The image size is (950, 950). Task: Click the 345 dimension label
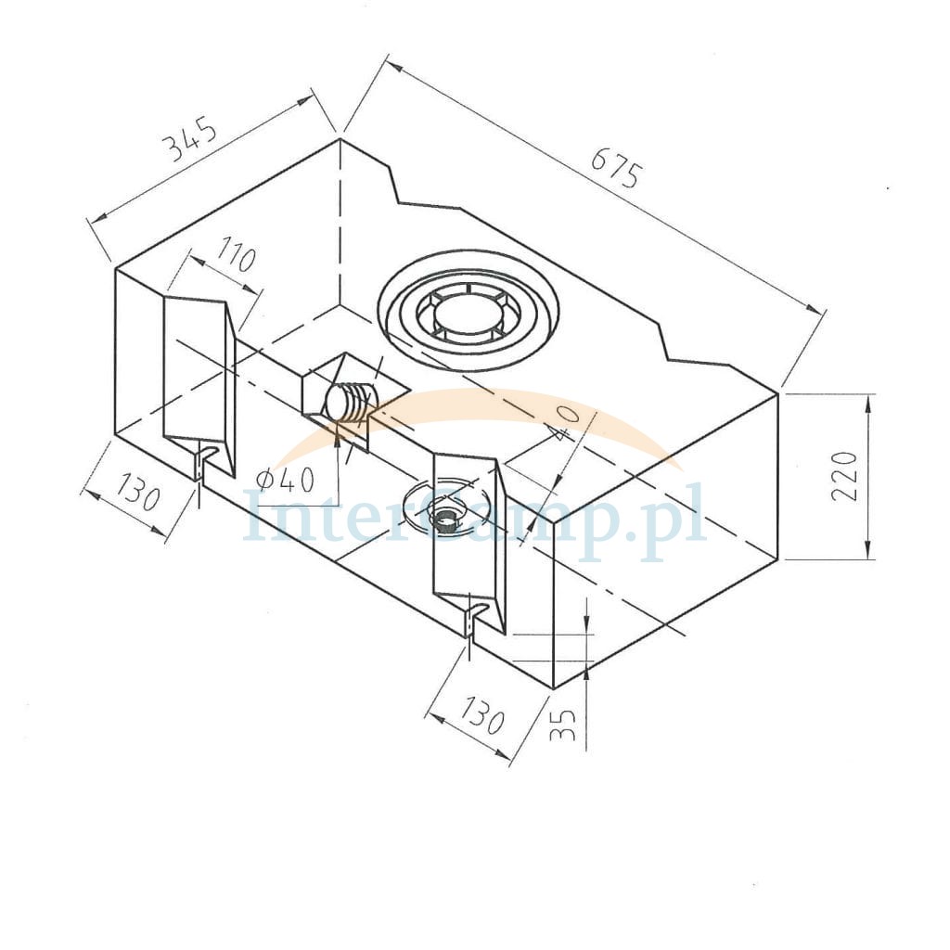pyautogui.click(x=191, y=141)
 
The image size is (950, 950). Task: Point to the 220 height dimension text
pyautogui.click(x=844, y=476)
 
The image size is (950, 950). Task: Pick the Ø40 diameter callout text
pyautogui.click(x=286, y=481)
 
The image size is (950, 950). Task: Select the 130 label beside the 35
pyautogui.click(x=481, y=714)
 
